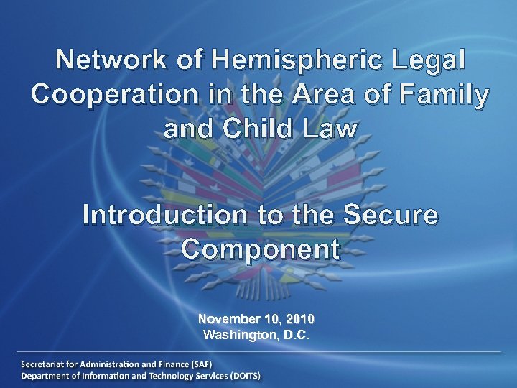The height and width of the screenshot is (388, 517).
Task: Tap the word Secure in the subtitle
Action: pos(391,215)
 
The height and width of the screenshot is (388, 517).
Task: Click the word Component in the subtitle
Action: pos(260,249)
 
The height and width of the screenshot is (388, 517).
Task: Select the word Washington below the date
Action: pos(237,335)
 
